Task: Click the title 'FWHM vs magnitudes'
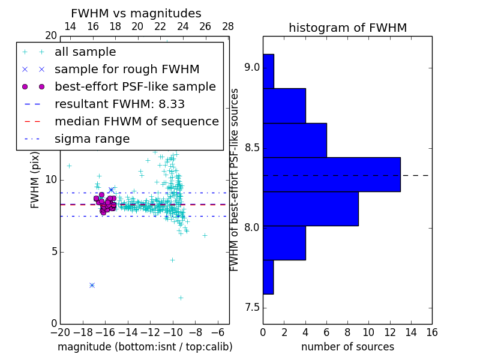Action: (x=136, y=14)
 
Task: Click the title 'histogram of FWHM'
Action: (x=347, y=28)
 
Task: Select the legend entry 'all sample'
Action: (x=85, y=52)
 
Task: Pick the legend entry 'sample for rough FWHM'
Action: (x=127, y=70)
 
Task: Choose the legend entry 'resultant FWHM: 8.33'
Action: (x=119, y=104)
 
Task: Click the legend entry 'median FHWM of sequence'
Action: (x=136, y=121)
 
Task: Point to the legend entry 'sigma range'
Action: (x=92, y=139)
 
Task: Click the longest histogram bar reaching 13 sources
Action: (x=331, y=174)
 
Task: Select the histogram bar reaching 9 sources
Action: (x=310, y=208)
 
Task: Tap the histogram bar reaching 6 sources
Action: (x=295, y=140)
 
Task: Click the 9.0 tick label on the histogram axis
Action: (x=251, y=67)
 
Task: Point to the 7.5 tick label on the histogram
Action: (x=251, y=308)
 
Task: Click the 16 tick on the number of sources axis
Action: (x=431, y=332)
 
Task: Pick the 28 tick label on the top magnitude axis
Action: (x=228, y=26)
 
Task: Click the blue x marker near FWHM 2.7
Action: (x=92, y=285)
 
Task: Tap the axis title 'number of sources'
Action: (x=347, y=347)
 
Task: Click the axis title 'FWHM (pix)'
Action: (x=35, y=179)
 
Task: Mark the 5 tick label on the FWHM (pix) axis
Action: (x=53, y=251)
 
